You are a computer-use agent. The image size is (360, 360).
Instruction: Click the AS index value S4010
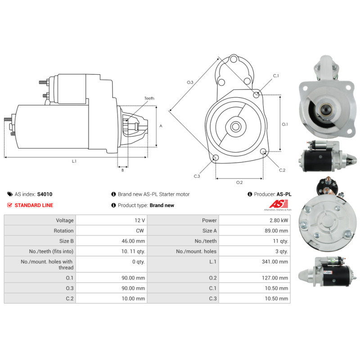click(x=45, y=194)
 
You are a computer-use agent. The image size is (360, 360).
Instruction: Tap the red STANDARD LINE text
click(x=34, y=205)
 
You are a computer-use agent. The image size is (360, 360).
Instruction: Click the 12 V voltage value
click(x=140, y=220)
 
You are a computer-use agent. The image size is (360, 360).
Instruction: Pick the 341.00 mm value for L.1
click(x=275, y=262)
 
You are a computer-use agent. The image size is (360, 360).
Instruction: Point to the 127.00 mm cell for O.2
click(x=275, y=278)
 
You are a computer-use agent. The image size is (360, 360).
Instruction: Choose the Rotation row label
click(x=63, y=231)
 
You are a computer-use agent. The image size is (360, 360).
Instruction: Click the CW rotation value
click(x=140, y=231)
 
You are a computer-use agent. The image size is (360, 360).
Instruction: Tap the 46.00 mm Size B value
click(x=133, y=241)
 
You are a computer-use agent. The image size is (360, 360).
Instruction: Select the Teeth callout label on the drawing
click(x=149, y=98)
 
